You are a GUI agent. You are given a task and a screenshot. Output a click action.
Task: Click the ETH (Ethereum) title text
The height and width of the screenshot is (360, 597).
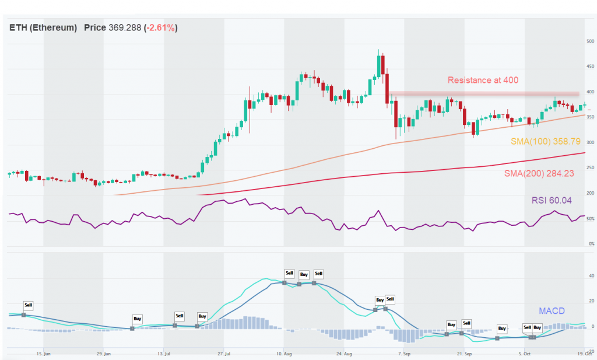(x=43, y=27)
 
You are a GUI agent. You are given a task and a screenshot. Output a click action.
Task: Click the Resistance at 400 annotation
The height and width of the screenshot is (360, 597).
(x=483, y=80)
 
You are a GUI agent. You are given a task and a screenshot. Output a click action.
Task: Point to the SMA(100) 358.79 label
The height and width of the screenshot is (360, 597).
(x=543, y=142)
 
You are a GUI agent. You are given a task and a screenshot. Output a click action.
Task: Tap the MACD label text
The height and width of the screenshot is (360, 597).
(x=550, y=311)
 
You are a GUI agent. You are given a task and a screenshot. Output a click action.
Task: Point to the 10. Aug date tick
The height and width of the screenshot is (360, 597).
(x=284, y=354)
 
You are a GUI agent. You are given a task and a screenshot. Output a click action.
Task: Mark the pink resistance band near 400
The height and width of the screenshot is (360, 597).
(x=484, y=93)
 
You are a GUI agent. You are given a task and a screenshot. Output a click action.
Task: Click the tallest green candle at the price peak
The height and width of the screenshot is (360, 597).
(x=379, y=66)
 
